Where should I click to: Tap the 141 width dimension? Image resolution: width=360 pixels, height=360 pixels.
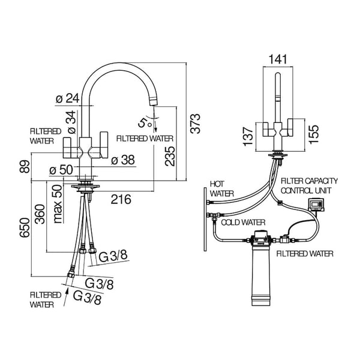279,58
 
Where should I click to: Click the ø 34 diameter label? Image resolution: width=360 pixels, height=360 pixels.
71,122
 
